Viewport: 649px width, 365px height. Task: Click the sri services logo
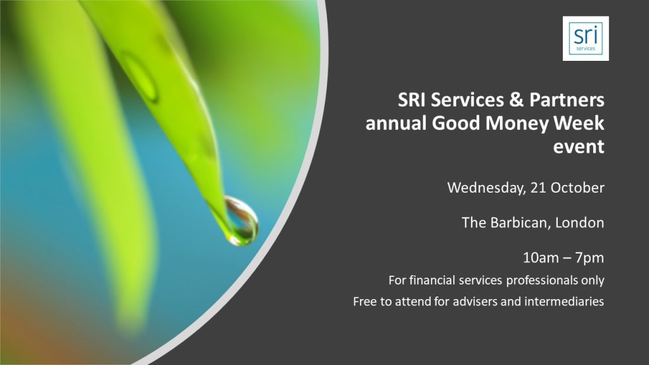pyautogui.click(x=586, y=39)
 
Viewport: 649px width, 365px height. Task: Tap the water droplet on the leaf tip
pyautogui.click(x=241, y=221)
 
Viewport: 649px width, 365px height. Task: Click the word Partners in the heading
pyautogui.click(x=567, y=99)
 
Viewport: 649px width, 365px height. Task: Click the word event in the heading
pyautogui.click(x=579, y=147)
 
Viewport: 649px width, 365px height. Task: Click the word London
pyautogui.click(x=579, y=222)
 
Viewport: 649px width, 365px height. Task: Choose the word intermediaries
pyautogui.click(x=564, y=301)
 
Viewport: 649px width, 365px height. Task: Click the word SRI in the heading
pyautogui.click(x=412, y=100)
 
